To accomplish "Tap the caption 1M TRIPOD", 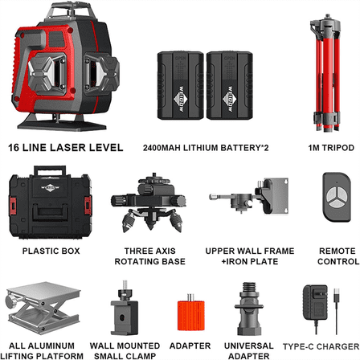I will (326, 149).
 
